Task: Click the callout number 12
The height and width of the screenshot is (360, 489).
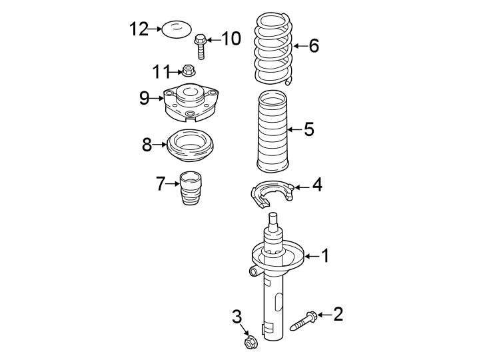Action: pos(139,29)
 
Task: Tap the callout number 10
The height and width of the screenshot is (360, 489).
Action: pos(231,39)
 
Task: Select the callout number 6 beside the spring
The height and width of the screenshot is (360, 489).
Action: pos(314,46)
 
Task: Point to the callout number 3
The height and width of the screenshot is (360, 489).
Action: pos(236,316)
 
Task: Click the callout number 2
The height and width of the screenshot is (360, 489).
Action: pos(338,313)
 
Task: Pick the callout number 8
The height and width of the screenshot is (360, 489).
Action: pos(147,144)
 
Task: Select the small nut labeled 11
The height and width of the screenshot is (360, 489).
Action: pos(189,69)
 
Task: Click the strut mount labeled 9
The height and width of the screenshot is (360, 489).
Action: pos(191,102)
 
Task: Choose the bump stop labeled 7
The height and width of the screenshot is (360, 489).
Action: pos(191,189)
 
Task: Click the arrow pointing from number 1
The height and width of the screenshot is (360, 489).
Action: pos(312,255)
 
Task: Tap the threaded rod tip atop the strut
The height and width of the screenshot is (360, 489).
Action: pos(272,218)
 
